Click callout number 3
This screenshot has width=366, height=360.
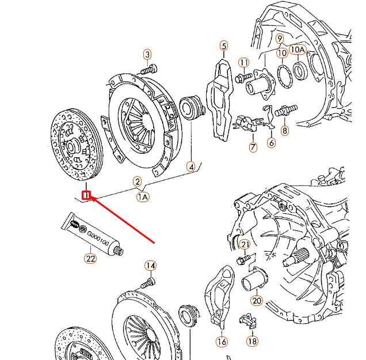click(148, 55)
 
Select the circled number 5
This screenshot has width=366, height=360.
click(224, 46)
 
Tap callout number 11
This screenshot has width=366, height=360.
click(244, 62)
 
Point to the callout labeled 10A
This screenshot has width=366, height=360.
click(297, 50)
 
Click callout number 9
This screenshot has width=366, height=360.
click(280, 39)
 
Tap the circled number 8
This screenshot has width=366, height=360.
click(285, 131)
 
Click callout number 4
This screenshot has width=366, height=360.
click(191, 167)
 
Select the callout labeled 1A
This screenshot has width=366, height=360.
click(142, 197)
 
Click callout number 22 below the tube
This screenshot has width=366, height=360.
click(90, 259)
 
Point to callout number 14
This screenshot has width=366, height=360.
click(150, 266)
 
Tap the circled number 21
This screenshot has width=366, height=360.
click(245, 245)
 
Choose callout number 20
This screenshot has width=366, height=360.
click(257, 300)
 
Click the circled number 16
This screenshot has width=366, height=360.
click(222, 342)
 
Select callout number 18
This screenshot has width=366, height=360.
click(252, 341)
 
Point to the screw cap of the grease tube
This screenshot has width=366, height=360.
click(119, 251)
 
